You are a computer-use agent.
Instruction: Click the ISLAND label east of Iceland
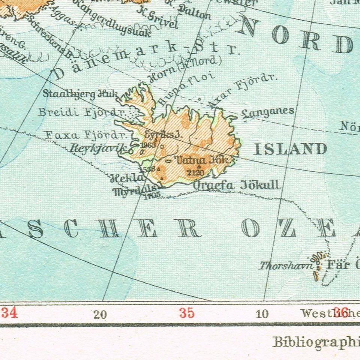click(290, 149)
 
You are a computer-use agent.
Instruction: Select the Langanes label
click(268, 112)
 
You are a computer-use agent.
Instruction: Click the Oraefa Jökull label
click(236, 185)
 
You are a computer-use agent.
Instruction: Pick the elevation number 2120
click(195, 172)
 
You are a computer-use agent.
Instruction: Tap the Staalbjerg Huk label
click(80, 94)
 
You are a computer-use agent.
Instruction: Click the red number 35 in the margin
click(187, 313)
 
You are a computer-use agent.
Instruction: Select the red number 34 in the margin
click(9, 313)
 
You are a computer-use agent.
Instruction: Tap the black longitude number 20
click(100, 314)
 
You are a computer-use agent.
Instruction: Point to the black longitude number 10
click(262, 314)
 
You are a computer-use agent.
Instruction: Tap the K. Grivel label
click(157, 18)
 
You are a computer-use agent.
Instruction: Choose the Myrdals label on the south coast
click(130, 190)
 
